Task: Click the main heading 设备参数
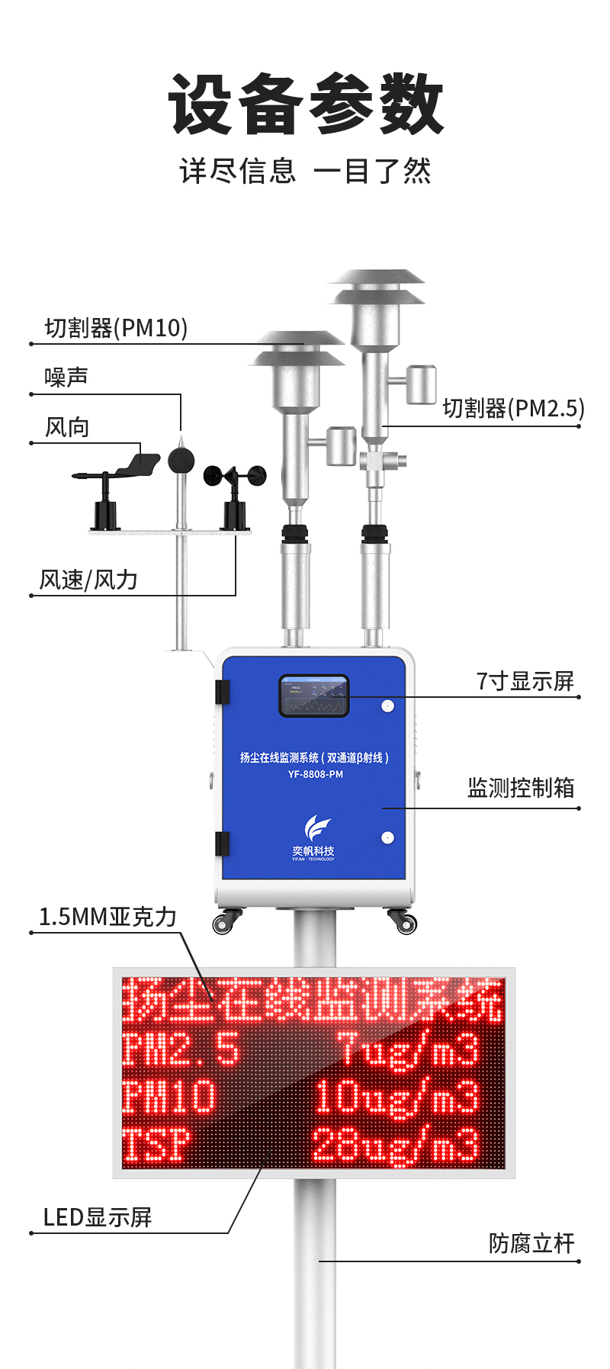pos(305,104)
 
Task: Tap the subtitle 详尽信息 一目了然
pos(305,171)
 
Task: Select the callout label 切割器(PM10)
pos(116,328)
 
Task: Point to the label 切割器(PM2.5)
pos(513,409)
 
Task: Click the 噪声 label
pos(66,377)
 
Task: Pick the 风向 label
pos(67,427)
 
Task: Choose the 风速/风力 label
pos(88,580)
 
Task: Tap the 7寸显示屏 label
pos(525,681)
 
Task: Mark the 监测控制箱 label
pos(521,788)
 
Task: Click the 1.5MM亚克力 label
pos(108,917)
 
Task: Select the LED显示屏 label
pos(98,1217)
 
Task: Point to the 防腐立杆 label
pos(531,1244)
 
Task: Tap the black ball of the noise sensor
pos(181,460)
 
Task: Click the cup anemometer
pos(235,476)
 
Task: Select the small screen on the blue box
pos(314,696)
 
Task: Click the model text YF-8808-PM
pos(315,774)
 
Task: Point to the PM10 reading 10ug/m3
pos(396,1097)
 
